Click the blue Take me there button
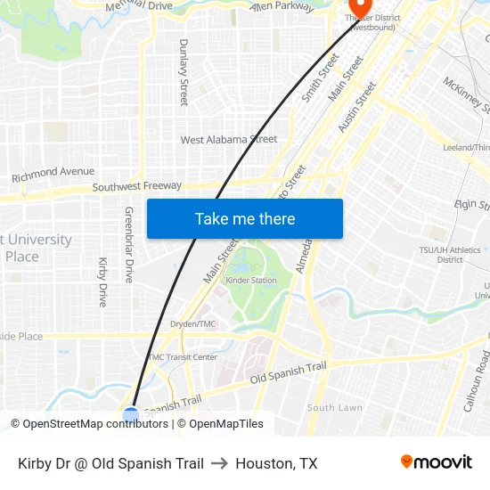tap(245, 218)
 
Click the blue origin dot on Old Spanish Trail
tap(131, 414)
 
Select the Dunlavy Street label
tap(184, 72)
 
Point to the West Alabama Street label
tap(229, 140)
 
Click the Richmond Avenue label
tap(53, 174)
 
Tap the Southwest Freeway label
tap(137, 187)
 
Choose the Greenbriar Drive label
tap(128, 245)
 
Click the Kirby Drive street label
tap(102, 282)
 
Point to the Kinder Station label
tap(250, 281)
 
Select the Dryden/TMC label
tap(192, 324)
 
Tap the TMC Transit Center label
tap(182, 357)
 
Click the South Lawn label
tap(334, 408)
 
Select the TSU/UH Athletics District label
tap(450, 255)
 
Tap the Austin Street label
tap(357, 108)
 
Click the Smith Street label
tap(320, 78)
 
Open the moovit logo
tap(437, 461)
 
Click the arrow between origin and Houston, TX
tap(219, 463)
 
